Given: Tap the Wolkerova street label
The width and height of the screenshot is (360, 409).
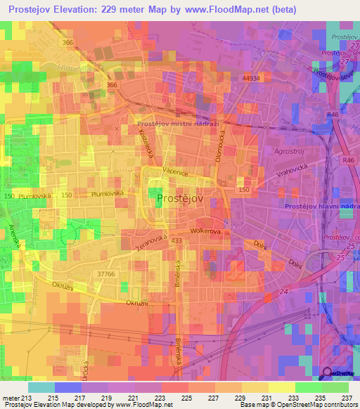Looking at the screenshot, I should pos(207,231).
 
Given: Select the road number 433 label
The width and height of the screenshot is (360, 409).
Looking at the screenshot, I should pos(176,241).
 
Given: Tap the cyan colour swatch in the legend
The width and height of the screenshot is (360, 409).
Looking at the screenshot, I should pos(41,387).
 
